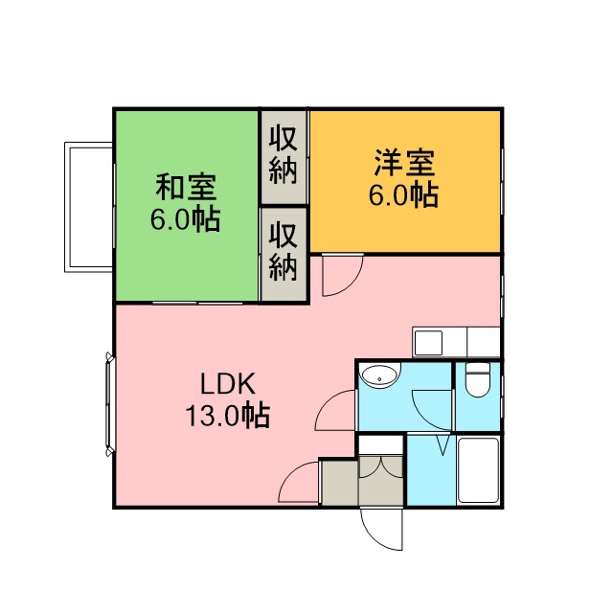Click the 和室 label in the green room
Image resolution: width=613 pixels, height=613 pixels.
click(x=186, y=188)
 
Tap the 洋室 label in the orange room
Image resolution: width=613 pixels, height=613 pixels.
click(x=404, y=163)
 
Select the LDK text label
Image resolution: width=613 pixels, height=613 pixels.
click(x=228, y=384)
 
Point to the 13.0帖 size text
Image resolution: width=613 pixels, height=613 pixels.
click(x=228, y=415)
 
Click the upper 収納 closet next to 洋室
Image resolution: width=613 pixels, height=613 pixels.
click(x=284, y=157)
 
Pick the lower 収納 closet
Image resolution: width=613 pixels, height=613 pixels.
click(x=284, y=254)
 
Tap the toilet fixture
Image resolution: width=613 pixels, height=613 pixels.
click(x=478, y=379)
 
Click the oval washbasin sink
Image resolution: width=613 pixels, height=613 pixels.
click(x=380, y=375)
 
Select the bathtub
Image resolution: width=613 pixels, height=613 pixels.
click(x=478, y=470)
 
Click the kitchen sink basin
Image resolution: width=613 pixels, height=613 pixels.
click(x=428, y=343)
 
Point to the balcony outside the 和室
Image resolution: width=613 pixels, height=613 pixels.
click(x=89, y=207)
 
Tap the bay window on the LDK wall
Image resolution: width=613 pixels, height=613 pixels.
click(x=109, y=404)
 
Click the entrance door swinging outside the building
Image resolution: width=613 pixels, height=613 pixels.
click(x=381, y=529)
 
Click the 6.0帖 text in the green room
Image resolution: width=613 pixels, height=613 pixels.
click(x=185, y=219)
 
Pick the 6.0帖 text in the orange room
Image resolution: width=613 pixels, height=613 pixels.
click(x=404, y=194)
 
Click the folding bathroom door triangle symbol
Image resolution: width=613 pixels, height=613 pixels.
click(x=443, y=444)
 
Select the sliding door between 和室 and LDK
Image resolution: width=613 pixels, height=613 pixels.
click(x=197, y=303)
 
